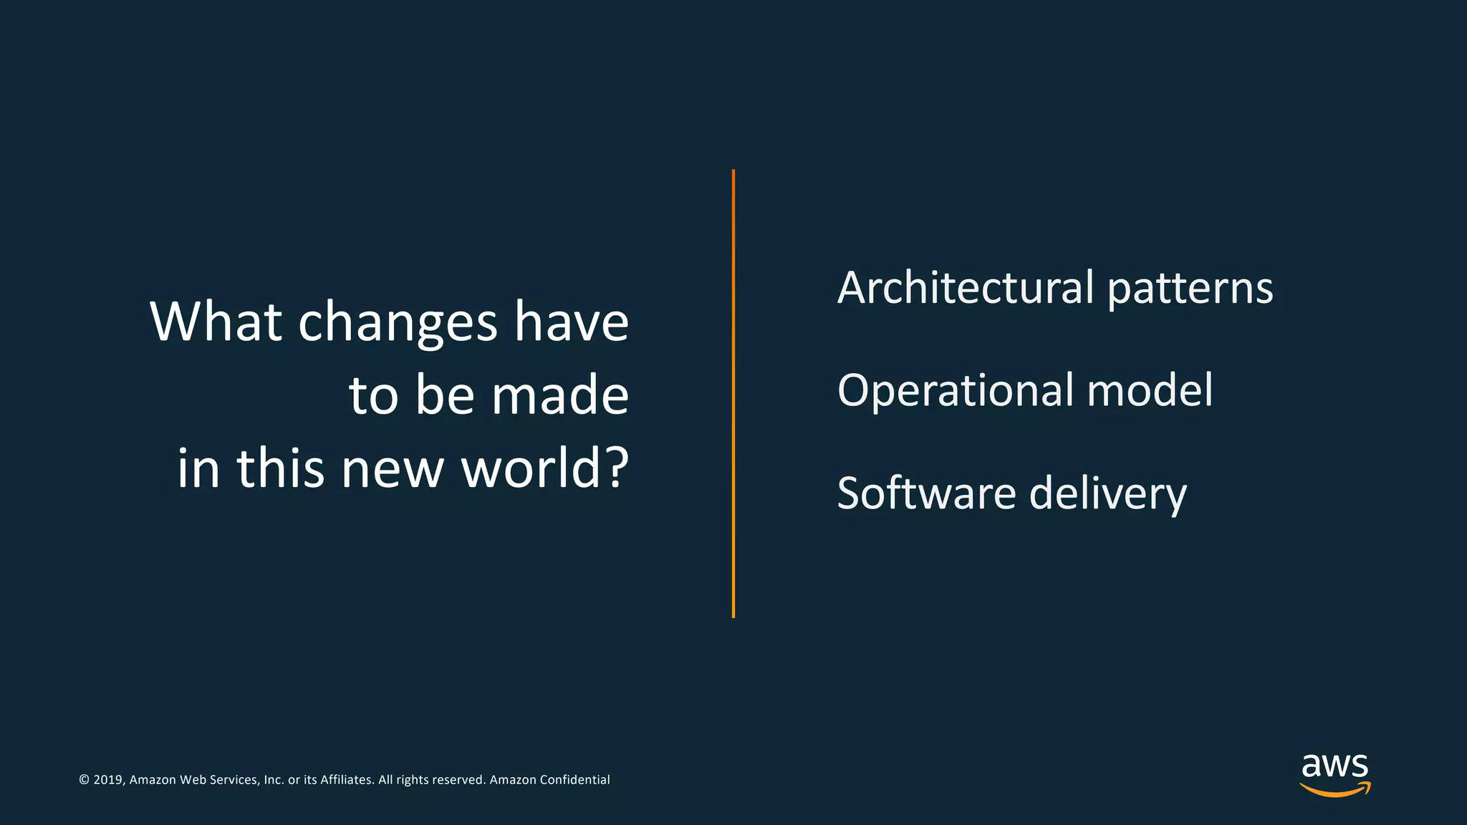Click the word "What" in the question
coord(216,322)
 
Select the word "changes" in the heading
coord(398,324)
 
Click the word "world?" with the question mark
coord(544,468)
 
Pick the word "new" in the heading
coord(392,470)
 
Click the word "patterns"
coord(1190,289)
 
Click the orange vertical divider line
coord(733,393)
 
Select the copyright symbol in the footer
coord(84,780)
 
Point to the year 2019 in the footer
coord(108,780)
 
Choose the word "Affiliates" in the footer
coord(347,780)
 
